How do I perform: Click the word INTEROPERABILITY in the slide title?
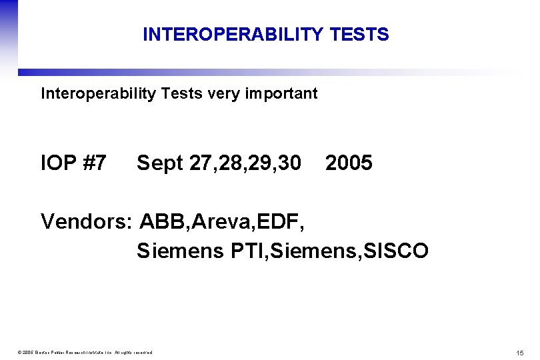[x=233, y=35]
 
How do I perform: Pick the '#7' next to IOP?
[x=95, y=163]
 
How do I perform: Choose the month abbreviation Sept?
[x=160, y=163]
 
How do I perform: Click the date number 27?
[x=200, y=163]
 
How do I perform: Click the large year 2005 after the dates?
[x=349, y=163]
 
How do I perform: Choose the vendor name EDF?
[x=281, y=221]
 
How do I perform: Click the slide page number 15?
[x=519, y=352]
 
